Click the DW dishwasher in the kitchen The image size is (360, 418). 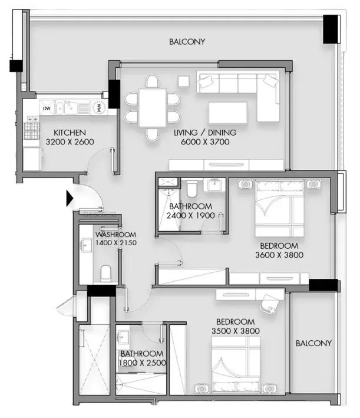(x=47, y=108)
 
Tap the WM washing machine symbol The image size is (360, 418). (x=99, y=108)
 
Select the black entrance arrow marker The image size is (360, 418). (x=70, y=198)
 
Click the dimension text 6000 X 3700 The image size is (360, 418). (x=205, y=142)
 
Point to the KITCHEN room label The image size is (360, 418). (x=70, y=133)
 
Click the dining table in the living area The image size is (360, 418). (x=153, y=107)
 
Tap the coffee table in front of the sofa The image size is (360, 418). (x=228, y=113)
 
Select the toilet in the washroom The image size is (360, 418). (x=106, y=273)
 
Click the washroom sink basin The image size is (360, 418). (x=86, y=245)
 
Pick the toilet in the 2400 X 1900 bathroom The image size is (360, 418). (x=192, y=188)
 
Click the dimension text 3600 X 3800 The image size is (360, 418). (x=279, y=255)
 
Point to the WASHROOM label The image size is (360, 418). (x=116, y=235)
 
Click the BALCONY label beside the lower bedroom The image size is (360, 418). (x=313, y=343)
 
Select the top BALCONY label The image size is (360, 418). (x=187, y=42)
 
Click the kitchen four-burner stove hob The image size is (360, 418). (x=31, y=131)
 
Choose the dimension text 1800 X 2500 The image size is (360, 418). (x=143, y=363)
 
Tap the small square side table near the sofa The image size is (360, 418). (x=184, y=81)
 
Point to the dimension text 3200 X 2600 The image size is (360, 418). (x=70, y=142)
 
